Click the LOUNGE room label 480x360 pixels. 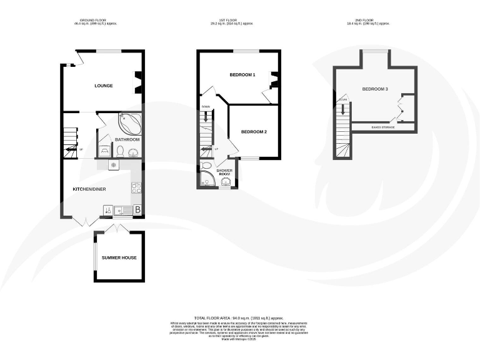[x=104, y=86]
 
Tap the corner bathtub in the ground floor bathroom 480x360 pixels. [x=129, y=121]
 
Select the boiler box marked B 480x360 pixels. [x=137, y=210]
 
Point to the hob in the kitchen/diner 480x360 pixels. [x=135, y=187]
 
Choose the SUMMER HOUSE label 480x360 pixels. [x=119, y=257]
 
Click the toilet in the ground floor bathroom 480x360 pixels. [x=119, y=151]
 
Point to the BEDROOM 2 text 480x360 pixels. [x=254, y=132]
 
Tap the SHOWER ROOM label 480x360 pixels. [x=224, y=172]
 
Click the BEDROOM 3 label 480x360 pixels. [x=375, y=89]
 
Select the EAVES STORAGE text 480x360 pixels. [x=383, y=127]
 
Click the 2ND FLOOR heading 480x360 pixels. [x=367, y=20]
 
